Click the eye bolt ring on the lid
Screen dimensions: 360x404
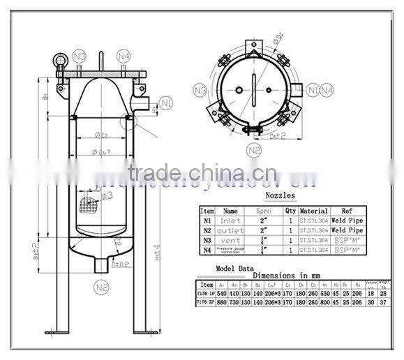click(59, 60)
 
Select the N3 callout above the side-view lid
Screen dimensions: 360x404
click(80, 55)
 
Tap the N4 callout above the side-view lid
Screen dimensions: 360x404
click(124, 55)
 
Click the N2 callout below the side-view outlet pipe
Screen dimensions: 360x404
click(102, 286)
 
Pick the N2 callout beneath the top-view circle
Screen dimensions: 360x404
click(254, 150)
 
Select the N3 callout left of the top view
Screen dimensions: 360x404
click(200, 91)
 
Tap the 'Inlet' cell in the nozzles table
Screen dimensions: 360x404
click(230, 220)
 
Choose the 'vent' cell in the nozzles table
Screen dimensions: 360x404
click(230, 239)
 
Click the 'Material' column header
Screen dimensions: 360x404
click(313, 210)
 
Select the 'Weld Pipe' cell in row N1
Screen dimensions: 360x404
click(347, 220)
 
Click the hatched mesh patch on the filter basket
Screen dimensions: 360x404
click(88, 204)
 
